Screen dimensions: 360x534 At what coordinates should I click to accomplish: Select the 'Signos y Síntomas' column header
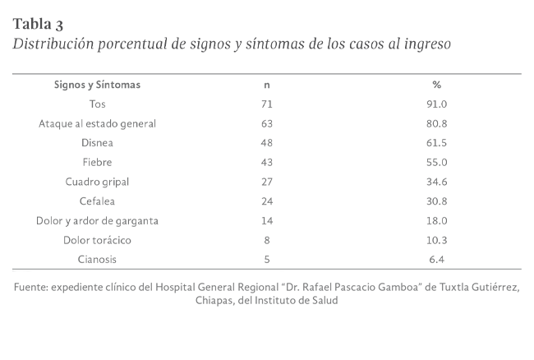(97, 85)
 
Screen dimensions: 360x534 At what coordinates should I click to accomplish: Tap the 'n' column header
(266, 85)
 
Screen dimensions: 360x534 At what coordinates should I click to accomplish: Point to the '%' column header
(437, 85)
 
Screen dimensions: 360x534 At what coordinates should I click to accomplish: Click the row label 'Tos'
(97, 104)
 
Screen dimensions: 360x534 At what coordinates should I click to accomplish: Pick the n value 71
(266, 104)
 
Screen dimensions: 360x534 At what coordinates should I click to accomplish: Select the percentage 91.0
(437, 104)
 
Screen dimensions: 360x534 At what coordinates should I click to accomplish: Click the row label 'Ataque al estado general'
(97, 124)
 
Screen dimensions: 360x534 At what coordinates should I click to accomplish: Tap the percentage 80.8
(437, 124)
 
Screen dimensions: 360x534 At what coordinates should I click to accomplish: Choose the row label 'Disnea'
(97, 143)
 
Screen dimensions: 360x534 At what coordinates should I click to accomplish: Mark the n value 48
(266, 143)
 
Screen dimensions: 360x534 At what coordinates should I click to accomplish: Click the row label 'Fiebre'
(97, 163)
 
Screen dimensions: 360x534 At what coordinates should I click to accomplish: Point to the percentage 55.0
(437, 163)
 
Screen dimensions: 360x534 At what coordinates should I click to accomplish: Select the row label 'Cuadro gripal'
(97, 182)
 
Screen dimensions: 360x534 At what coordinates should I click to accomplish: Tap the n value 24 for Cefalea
(266, 201)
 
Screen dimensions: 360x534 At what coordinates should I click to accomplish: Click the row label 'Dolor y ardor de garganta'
(97, 220)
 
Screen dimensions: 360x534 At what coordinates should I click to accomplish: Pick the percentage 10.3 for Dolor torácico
(437, 240)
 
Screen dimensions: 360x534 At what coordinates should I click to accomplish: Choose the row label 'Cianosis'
(97, 260)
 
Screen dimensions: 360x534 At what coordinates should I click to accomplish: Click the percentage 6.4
(437, 260)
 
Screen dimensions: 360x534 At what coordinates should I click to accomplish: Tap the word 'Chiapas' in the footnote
(215, 301)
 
